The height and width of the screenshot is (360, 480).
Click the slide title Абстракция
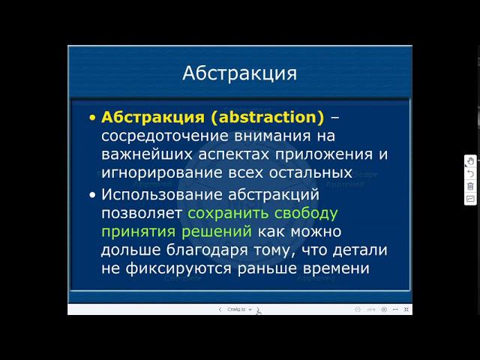239,73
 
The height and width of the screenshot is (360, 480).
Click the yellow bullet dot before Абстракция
92,118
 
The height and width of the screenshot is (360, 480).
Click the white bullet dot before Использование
92,194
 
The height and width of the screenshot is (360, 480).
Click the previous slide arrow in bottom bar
220,309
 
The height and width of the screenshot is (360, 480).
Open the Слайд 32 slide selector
236,309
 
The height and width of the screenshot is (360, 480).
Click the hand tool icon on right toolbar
470,160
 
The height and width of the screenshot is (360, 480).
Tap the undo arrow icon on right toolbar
470,173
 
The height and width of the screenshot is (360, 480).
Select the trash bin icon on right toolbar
470,186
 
